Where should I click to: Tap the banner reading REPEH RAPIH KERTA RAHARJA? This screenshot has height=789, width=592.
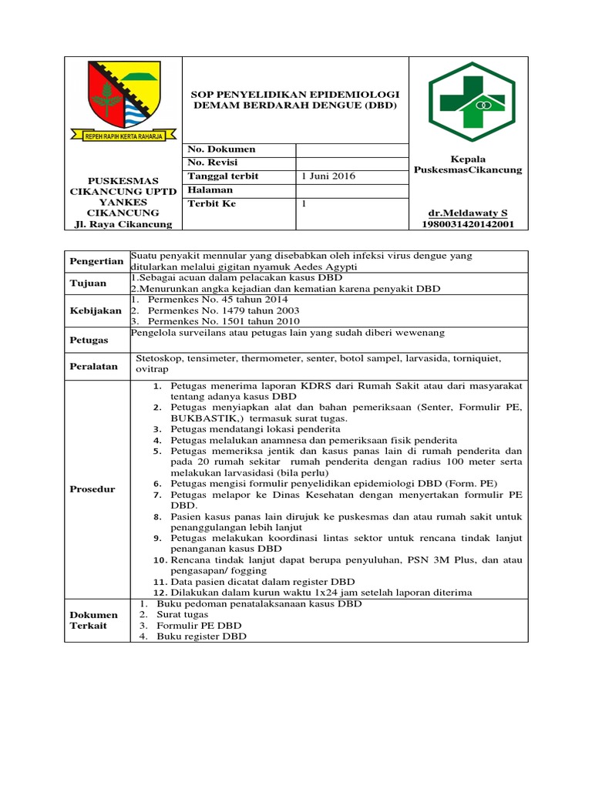coord(123,135)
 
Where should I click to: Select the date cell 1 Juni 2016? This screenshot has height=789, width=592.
coord(328,176)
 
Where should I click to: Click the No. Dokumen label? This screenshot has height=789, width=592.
coord(222,149)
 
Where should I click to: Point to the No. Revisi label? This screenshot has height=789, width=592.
coord(214,163)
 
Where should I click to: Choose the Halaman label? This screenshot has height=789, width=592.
coord(211,190)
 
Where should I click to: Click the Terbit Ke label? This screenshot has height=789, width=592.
coord(212,204)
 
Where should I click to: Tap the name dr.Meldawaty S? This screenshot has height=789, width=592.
coord(468,212)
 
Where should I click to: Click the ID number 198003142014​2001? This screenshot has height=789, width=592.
coord(468,224)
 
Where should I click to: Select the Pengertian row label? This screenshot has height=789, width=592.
coord(97,262)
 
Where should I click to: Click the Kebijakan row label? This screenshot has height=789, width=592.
coord(97,310)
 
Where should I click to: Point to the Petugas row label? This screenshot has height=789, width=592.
coord(89,340)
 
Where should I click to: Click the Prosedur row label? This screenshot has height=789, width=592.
coord(92,489)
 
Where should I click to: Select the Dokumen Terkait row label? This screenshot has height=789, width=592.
coord(94,620)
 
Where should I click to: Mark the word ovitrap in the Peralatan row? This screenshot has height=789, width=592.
coord(153,370)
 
